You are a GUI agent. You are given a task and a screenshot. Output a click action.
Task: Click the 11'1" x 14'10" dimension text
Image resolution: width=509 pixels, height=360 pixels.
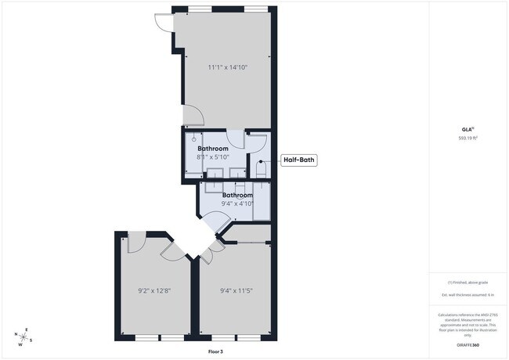pos(228,67)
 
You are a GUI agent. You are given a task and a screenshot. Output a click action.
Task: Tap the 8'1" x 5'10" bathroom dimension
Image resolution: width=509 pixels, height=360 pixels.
pos(213,157)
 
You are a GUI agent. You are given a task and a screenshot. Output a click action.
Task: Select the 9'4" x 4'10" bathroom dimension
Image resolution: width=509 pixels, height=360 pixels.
pos(238,203)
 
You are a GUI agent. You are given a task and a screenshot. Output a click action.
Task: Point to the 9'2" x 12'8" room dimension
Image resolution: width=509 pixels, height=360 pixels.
pos(153,291)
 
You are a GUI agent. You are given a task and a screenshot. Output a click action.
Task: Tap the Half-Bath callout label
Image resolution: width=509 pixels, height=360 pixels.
pos(299,160)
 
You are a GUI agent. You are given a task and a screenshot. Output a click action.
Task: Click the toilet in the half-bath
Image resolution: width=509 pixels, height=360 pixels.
pos(262,167)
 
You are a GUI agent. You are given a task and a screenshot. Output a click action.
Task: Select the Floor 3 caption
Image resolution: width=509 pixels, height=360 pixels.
pos(215,352)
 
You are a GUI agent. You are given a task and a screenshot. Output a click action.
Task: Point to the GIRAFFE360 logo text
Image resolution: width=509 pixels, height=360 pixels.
pos(468,345)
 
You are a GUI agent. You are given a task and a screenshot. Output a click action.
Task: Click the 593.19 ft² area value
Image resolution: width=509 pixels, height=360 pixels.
pos(468,138)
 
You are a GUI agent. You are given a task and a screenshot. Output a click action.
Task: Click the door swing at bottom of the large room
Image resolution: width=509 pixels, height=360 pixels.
pos(193,117)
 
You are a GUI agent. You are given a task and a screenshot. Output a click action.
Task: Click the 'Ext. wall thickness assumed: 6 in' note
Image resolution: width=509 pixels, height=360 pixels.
pos(468,296)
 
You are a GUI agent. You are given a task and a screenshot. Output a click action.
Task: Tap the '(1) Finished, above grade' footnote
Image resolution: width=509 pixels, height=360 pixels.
pos(468,282)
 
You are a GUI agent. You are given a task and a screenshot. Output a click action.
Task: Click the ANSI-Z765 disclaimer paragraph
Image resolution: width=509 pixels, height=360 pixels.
pos(468,326)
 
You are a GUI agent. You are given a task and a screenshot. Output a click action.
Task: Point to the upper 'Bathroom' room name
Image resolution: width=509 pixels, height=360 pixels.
pos(213,148)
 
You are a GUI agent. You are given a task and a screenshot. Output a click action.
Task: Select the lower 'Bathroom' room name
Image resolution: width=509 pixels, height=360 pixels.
pos(238,195)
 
